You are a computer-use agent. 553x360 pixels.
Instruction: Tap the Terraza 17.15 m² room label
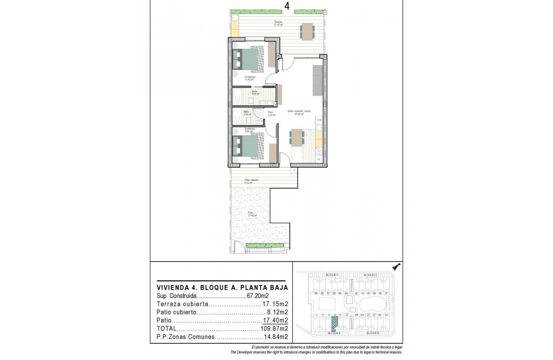[278, 24]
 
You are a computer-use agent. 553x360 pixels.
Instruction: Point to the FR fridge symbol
[319, 120]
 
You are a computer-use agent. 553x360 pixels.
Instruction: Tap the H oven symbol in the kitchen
[319, 159]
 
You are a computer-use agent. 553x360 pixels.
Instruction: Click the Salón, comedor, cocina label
[299, 112]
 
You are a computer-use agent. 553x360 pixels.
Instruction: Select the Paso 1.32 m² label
[270, 114]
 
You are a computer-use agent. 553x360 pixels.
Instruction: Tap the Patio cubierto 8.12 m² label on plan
[251, 181]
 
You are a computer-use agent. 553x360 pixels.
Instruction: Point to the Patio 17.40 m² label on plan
[250, 214]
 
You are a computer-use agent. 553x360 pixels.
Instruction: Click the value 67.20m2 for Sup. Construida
[258, 296]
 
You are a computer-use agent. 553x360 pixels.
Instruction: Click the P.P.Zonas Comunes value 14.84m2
[274, 337]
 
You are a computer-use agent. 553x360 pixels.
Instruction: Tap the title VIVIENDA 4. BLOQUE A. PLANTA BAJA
[222, 288]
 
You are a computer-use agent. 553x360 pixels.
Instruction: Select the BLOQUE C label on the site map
[370, 275]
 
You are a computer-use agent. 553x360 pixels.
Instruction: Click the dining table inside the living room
[297, 138]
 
